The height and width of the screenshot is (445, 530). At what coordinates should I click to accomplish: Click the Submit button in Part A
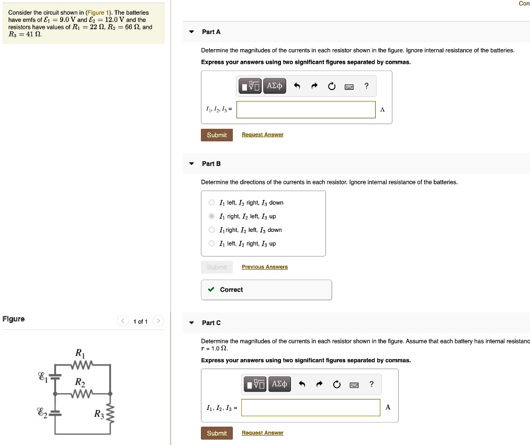tap(217, 135)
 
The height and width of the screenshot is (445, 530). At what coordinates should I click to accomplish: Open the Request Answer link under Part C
tap(263, 433)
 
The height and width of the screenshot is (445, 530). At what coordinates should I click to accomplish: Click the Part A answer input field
tap(306, 109)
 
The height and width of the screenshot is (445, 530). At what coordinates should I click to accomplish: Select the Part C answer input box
tap(311, 408)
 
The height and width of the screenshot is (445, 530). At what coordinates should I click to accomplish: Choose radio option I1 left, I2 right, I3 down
tap(211, 203)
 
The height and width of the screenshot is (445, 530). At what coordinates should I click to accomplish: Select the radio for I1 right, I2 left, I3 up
tap(211, 216)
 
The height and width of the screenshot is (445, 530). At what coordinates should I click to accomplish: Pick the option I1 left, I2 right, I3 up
tap(211, 243)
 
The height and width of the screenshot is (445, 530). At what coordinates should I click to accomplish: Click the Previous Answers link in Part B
tap(265, 267)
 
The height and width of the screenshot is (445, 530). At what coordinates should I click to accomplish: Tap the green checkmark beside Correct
tap(211, 290)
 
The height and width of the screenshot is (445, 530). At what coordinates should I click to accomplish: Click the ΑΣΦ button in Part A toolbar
tap(275, 86)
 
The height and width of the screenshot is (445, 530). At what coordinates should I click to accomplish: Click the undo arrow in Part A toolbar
tap(297, 86)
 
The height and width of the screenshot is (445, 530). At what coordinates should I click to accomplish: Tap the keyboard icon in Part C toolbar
tap(354, 385)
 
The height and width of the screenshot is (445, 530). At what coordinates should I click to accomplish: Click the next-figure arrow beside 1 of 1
tap(159, 321)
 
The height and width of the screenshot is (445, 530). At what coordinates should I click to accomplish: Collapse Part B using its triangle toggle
tap(191, 164)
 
